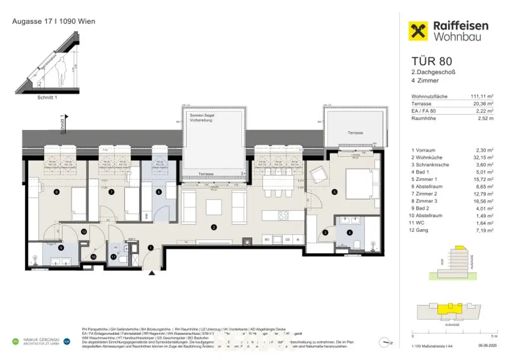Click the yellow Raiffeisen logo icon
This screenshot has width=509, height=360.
tap(419, 31)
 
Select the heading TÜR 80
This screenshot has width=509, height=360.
tap(432, 62)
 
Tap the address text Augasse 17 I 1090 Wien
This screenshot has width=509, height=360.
tap(53, 21)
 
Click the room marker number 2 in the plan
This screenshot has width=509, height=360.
tap(214, 228)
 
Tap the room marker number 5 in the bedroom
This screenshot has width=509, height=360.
tap(335, 192)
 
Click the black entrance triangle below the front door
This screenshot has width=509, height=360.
tap(152, 272)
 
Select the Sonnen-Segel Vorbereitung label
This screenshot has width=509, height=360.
tap(202, 117)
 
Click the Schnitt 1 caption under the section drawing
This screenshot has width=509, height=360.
tap(47, 97)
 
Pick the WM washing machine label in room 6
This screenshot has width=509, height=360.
tap(146, 216)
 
